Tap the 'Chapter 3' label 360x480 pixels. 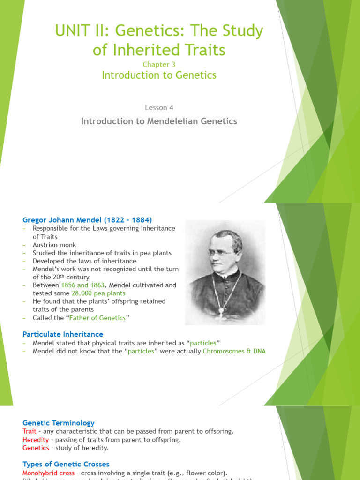tap(159, 64)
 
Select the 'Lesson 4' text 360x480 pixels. tap(159, 107)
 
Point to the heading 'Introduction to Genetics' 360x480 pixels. tap(159, 75)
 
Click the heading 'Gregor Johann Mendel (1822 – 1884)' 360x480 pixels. tap(88, 220)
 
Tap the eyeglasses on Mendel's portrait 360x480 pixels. tap(220, 253)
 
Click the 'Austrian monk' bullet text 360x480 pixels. tap(54, 245)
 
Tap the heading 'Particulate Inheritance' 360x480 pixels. tap(63, 334)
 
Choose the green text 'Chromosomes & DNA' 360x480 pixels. tap(234, 351)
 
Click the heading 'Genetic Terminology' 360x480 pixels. tap(59, 423)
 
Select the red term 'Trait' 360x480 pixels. tap(29, 431)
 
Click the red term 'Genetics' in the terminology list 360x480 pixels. tap(36, 448)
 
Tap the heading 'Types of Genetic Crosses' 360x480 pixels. tap(66, 464)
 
